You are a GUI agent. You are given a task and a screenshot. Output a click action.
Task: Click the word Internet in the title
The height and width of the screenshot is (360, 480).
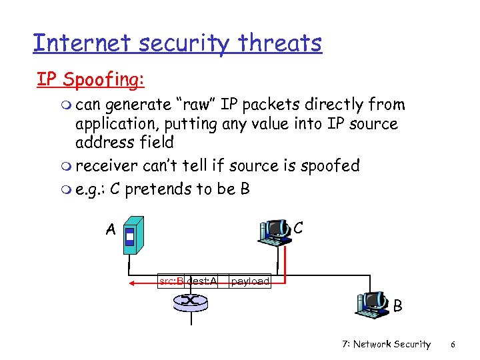[76, 43]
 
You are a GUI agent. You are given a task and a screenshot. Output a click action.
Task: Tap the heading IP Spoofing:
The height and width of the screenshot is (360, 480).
[90, 79]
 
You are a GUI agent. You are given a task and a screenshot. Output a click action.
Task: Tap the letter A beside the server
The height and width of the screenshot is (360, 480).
[111, 230]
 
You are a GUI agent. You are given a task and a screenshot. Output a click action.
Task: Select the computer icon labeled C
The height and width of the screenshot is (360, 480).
[275, 231]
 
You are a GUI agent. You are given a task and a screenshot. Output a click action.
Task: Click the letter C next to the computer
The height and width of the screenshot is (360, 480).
[299, 227]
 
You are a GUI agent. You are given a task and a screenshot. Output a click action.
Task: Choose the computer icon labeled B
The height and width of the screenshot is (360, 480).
[372, 304]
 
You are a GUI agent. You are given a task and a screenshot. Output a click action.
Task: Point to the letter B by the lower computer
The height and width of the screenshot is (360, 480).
[398, 307]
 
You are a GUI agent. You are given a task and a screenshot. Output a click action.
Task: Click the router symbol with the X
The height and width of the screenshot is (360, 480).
[190, 302]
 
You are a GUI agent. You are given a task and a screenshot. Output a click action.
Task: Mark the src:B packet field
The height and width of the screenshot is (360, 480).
[171, 281]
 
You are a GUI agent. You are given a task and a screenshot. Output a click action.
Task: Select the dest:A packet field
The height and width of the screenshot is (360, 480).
[202, 281]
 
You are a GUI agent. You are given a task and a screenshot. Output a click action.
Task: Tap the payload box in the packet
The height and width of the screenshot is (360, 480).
[250, 281]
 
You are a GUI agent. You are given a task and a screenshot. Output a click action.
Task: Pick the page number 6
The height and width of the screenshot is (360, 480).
[453, 344]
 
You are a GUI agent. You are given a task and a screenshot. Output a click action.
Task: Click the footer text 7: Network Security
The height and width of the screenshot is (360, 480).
[386, 344]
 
